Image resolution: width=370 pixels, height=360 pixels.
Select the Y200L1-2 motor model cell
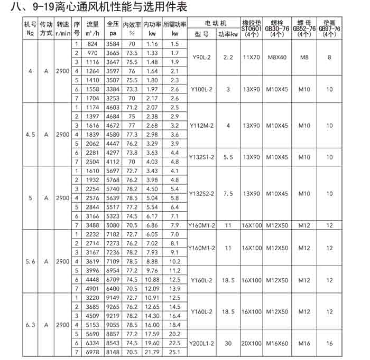pyautogui.click(x=201, y=343)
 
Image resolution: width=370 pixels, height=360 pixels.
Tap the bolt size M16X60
pyautogui.click(x=277, y=343)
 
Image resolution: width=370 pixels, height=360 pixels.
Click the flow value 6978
pyautogui.click(x=92, y=352)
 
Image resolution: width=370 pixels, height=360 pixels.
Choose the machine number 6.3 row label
pyautogui.click(x=30, y=324)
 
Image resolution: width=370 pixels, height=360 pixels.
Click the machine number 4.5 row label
pyautogui.click(x=30, y=135)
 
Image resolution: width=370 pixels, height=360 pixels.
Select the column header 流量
pyautogui.click(x=92, y=25)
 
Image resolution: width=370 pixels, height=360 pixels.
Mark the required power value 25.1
pyautogui.click(x=175, y=352)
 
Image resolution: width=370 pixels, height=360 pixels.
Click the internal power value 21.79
pyautogui.click(x=152, y=352)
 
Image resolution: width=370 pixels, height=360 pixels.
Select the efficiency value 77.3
pyautogui.click(x=132, y=135)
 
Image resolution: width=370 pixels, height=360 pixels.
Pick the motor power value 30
pyautogui.click(x=228, y=343)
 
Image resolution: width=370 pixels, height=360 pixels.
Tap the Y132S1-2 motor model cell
pyautogui.click(x=201, y=157)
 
